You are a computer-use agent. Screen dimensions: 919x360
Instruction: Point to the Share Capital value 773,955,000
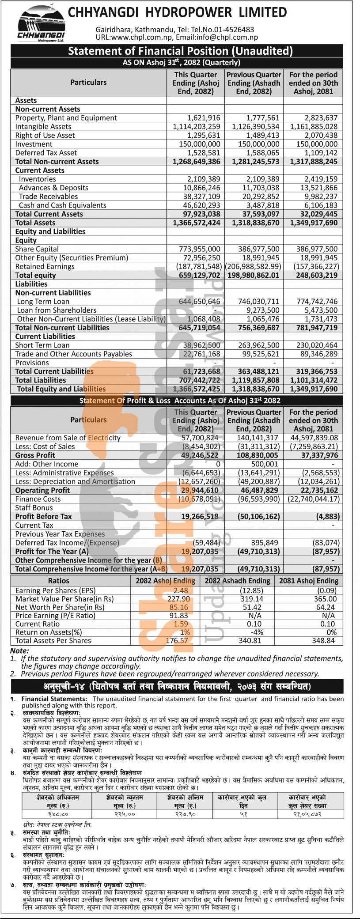[199, 249]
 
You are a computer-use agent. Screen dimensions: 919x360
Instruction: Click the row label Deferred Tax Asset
[46, 153]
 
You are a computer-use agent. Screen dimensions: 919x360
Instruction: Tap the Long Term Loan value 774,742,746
[315, 302]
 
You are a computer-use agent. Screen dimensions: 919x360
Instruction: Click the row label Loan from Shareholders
[57, 310]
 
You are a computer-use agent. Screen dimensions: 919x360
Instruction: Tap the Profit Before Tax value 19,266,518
[200, 517]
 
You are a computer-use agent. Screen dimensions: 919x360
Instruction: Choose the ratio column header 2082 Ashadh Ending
[237, 581]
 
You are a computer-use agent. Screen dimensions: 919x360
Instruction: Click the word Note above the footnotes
[19, 651]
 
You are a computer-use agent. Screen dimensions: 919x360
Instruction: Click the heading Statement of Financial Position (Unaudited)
[180, 51]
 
